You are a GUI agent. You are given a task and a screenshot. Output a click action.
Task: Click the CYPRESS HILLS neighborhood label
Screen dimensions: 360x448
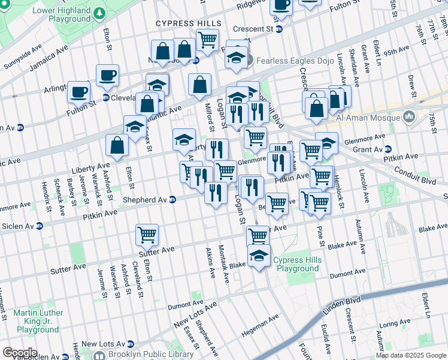[x=188, y=23]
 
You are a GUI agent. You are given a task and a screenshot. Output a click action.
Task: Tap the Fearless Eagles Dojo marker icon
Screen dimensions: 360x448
[x=250, y=60]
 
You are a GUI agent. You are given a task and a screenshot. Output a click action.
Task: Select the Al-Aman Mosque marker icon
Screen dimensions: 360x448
[x=410, y=117]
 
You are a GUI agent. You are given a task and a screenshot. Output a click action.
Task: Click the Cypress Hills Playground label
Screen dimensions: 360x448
[x=298, y=264]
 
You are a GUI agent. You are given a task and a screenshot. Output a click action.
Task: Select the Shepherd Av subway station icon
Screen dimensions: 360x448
[x=172, y=200]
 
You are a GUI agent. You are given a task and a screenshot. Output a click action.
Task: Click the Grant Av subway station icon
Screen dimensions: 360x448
[x=388, y=149]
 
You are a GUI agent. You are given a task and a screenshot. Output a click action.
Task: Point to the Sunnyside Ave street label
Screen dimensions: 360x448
[x=23, y=45]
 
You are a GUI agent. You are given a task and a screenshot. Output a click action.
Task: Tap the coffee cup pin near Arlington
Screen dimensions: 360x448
[x=78, y=92]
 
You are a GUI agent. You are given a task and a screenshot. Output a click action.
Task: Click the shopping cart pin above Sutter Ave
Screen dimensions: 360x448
[x=147, y=234]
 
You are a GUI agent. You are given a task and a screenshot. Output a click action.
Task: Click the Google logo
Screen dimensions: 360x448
[x=20, y=353]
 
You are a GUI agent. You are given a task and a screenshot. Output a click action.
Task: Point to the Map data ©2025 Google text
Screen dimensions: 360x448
[x=411, y=355]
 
